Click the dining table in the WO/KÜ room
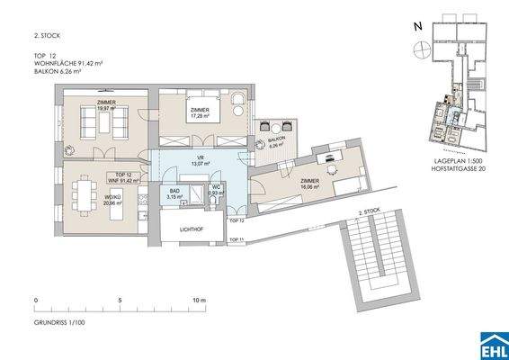pos(88,192)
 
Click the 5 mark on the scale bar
pos(119,299)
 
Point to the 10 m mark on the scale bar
pos(199,299)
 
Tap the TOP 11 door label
pos(236,238)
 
